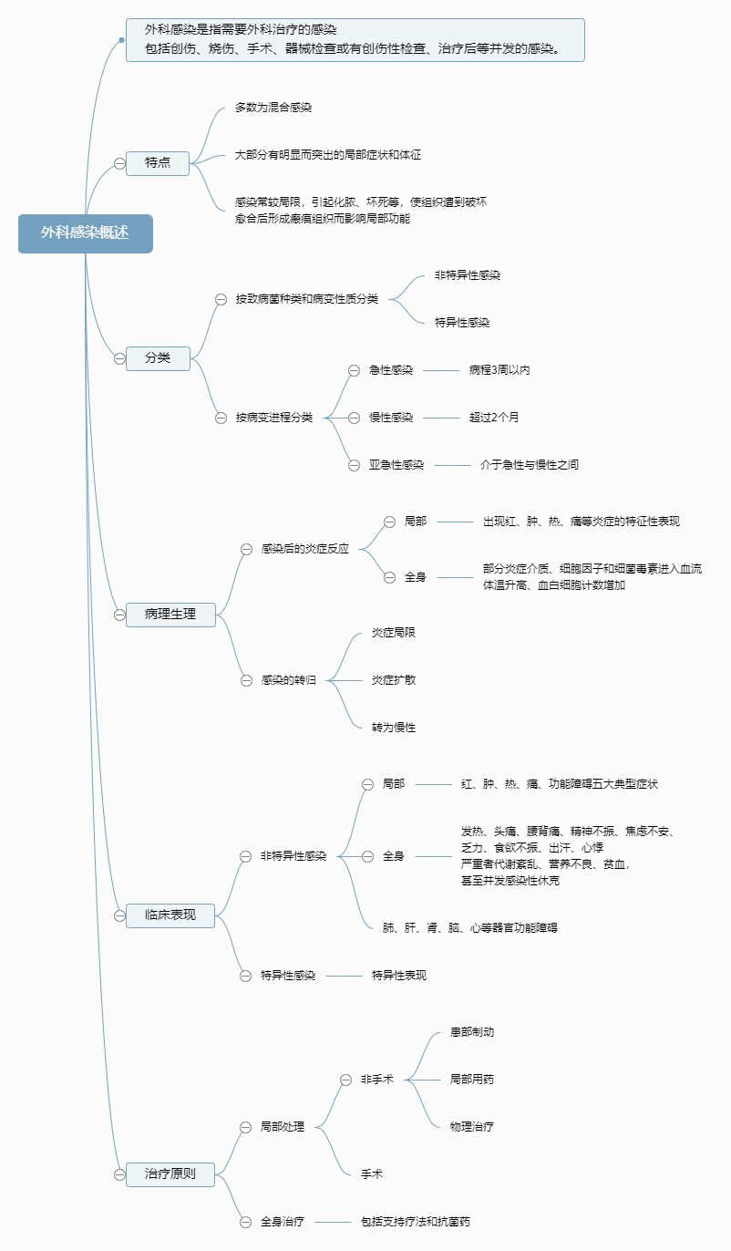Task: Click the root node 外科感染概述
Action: (85, 233)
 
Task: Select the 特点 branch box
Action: (158, 163)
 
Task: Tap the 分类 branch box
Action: (158, 358)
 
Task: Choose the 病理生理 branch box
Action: (170, 615)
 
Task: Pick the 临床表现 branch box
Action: (170, 915)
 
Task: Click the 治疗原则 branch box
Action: (170, 1174)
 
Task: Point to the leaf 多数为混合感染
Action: (273, 108)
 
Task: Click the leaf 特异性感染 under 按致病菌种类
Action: (462, 323)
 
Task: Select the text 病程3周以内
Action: (499, 370)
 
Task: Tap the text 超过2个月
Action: (494, 418)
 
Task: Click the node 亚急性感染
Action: (396, 465)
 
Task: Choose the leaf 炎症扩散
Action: (394, 680)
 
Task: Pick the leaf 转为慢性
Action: (394, 728)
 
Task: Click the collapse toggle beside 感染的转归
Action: (246, 680)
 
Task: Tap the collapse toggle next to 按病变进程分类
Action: (221, 418)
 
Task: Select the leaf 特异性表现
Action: (398, 976)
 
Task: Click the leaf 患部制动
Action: (472, 1032)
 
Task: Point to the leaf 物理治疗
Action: (472, 1127)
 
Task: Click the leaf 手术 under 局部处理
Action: (372, 1174)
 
